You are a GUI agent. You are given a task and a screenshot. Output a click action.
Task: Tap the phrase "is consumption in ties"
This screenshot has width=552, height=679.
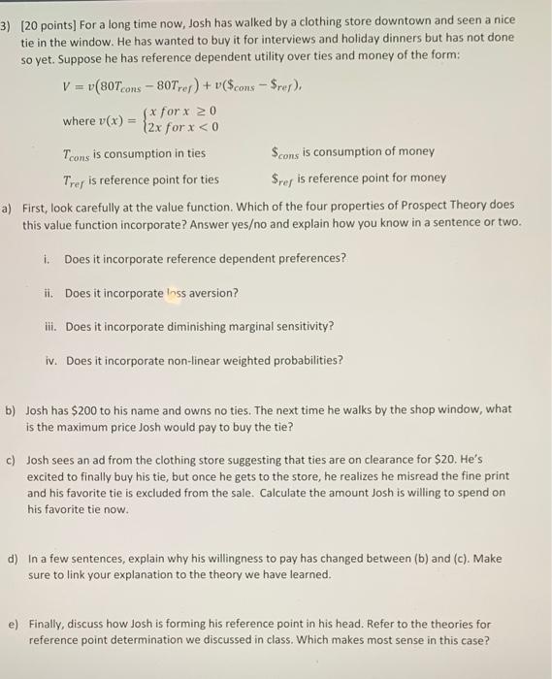(x=150, y=152)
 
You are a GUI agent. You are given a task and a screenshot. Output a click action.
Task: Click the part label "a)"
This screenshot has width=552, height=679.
(x=7, y=206)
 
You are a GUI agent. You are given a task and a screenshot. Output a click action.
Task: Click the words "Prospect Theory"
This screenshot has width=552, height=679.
(x=409, y=206)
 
